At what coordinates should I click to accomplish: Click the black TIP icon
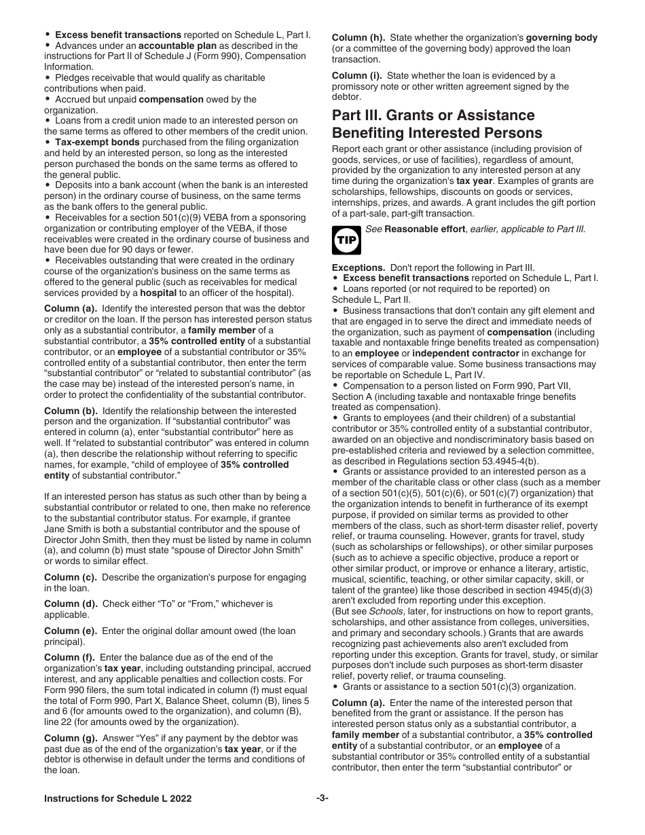click(344, 238)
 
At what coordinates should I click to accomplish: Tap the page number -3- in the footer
click(322, 798)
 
